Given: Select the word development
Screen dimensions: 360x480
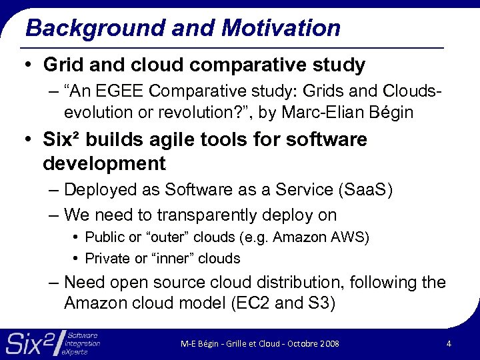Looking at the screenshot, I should (104, 163).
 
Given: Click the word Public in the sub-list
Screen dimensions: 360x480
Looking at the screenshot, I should (101, 237).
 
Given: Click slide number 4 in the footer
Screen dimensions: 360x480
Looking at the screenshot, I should (449, 343).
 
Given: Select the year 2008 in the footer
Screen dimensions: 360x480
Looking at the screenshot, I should (329, 344).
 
